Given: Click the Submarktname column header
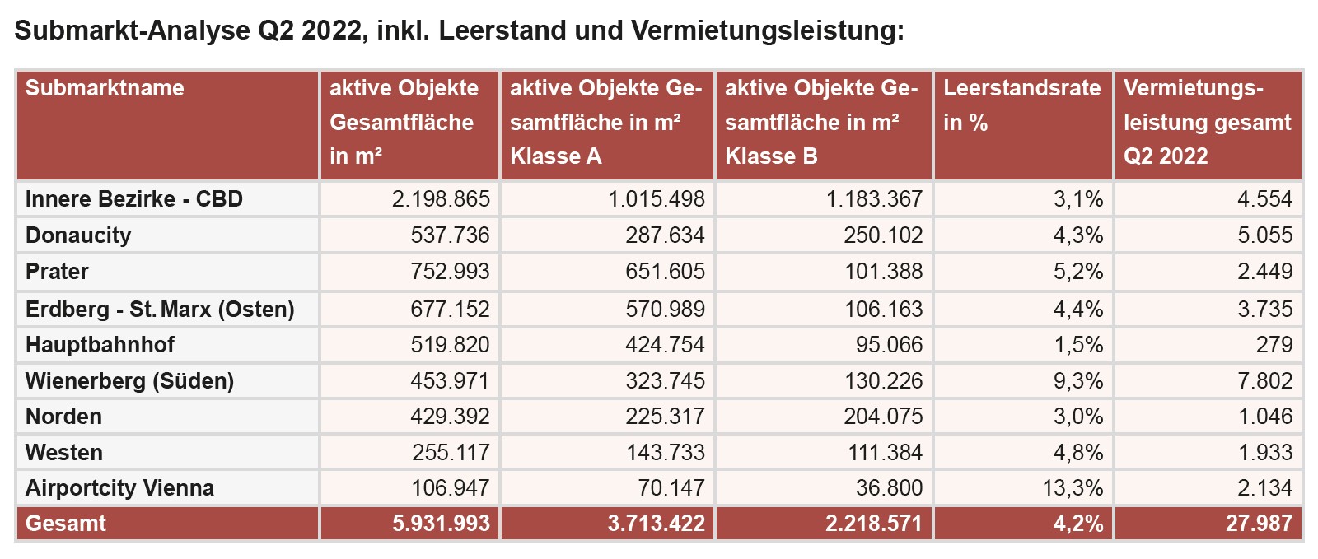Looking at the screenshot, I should tap(105, 88).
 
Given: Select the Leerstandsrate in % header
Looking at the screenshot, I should tap(1021, 105).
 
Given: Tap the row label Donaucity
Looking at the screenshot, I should tap(78, 235).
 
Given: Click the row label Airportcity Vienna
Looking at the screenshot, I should tap(119, 488).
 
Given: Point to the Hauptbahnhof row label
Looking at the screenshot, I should tap(100, 344).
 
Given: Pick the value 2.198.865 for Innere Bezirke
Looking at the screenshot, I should tap(441, 199).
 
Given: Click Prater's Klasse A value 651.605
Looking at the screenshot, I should tap(665, 272).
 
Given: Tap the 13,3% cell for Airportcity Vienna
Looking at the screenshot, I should tap(1073, 488).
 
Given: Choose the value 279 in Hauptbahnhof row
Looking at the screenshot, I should tap(1274, 344).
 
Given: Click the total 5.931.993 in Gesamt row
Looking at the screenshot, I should tap(441, 524).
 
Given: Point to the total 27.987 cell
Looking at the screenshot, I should tap(1259, 524).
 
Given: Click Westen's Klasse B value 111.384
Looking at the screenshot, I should tap(886, 452).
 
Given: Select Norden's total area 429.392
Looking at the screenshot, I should tap(450, 416).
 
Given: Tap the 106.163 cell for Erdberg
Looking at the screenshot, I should tap(884, 309).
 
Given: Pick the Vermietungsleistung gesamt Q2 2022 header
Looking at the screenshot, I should tap(1207, 122).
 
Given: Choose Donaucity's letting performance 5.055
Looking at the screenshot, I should tap(1264, 235).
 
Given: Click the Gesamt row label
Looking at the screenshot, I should tap(66, 524).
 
